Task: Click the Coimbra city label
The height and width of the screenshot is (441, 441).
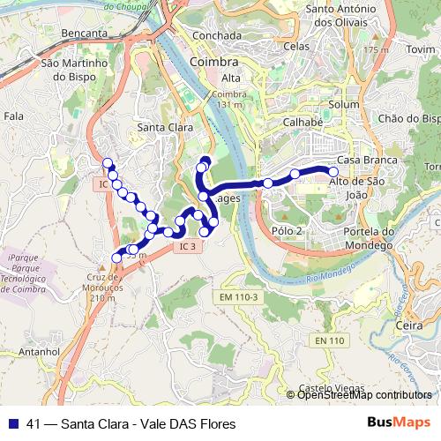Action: point(213,64)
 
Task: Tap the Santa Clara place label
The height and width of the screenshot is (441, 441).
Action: point(165,128)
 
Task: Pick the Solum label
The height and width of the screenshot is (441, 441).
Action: point(344,105)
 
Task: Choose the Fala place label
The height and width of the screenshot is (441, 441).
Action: point(13,116)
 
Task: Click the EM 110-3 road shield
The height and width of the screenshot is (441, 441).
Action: point(239,297)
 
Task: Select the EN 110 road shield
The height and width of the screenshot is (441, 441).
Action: point(329,340)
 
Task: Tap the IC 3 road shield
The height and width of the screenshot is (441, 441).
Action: point(186,246)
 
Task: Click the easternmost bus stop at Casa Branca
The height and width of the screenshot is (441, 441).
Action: point(333,172)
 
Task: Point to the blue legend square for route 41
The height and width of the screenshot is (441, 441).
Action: point(13,423)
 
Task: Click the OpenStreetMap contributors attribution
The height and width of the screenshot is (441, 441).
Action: point(364,395)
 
